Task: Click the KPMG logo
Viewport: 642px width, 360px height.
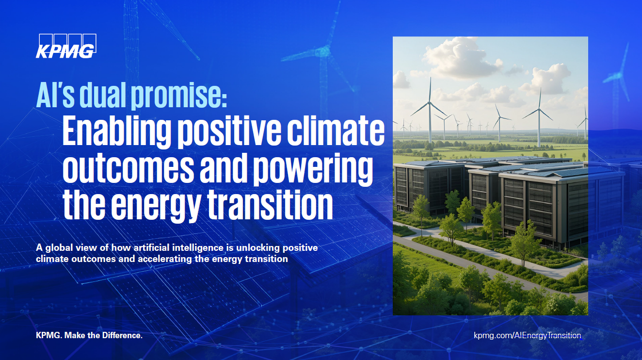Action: pyautogui.click(x=66, y=46)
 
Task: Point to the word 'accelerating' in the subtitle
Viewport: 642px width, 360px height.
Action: pyautogui.click(x=164, y=259)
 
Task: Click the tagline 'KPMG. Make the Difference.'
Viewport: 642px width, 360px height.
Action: pyautogui.click(x=89, y=336)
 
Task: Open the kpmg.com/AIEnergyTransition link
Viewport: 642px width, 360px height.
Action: pyautogui.click(x=527, y=336)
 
